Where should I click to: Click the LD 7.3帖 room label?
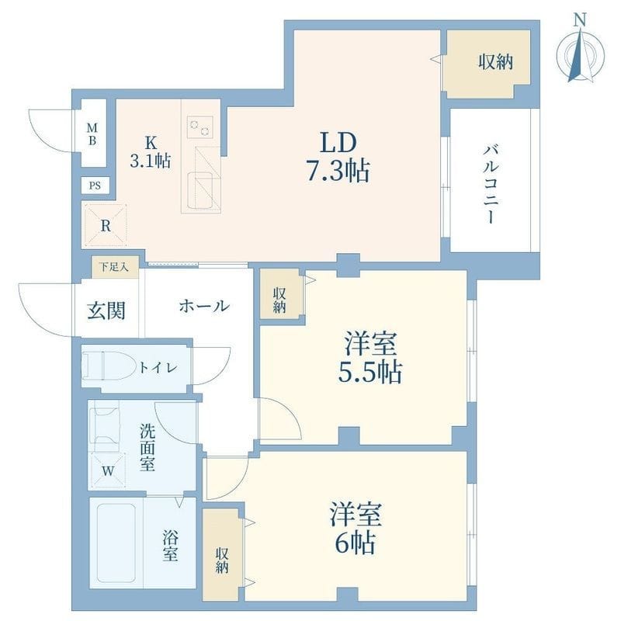coord(338,157)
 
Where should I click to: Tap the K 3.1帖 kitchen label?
coord(151,152)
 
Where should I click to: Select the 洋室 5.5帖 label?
coord(370,358)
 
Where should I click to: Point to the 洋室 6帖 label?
coord(356,529)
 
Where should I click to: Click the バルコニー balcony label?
coord(491,185)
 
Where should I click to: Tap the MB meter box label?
coord(92,134)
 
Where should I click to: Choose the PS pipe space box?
coord(95,186)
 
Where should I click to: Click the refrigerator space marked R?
coord(106,226)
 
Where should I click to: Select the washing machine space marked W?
coord(108,470)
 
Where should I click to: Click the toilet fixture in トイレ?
coord(109,366)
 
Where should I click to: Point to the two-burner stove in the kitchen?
coord(200,127)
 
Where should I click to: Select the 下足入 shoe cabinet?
coord(115,267)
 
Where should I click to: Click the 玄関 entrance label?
coord(106,310)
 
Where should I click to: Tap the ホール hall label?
coord(204,306)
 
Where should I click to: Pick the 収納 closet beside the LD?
coord(489,64)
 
